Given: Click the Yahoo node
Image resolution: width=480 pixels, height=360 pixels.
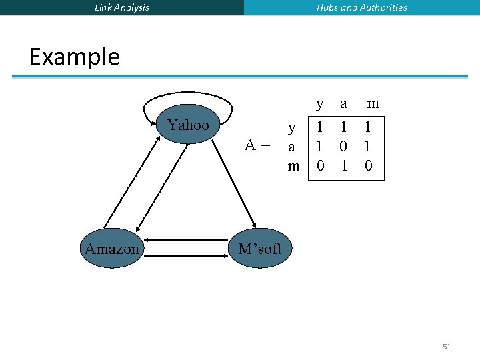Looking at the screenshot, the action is pos(189,125).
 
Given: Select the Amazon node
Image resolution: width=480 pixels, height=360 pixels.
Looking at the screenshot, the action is pos(112,249).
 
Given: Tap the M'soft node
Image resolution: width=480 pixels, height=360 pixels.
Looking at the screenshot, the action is pos(260,249).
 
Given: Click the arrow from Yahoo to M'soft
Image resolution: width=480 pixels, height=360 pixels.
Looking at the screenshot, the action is pos(238,177).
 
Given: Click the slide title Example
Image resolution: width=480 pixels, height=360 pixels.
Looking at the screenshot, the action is pos(75,57).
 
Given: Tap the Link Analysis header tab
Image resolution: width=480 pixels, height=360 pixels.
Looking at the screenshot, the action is pos(122,7).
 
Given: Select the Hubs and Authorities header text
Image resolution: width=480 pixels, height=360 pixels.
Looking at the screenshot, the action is pos(362,7).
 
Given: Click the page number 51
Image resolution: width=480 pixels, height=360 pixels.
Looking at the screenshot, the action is pos(447,347).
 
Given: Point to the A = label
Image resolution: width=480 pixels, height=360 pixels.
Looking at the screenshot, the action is pos(257,145).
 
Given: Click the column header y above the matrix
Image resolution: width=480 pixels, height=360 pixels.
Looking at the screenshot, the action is pos(320,103).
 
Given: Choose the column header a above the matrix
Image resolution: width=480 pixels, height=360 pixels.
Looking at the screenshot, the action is pos(343,103).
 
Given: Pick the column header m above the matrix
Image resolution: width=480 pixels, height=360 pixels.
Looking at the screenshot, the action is pos(373,103).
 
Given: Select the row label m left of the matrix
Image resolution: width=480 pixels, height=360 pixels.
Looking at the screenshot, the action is pos(293,165).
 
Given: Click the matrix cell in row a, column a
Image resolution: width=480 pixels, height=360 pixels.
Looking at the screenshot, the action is pos(344,145).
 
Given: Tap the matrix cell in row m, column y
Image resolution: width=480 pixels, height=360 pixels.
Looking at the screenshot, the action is pos(321,165).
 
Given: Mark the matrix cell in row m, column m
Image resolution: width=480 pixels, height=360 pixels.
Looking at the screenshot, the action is pos(369,165).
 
